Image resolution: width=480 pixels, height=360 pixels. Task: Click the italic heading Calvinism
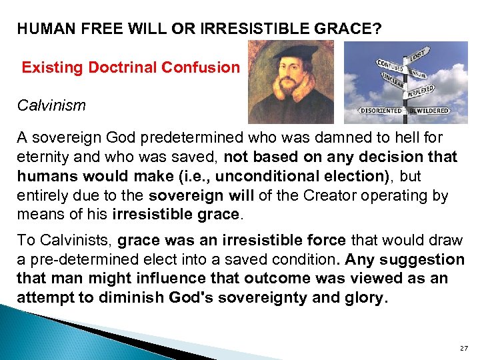[51, 106]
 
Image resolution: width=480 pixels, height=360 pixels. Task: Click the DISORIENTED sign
[381, 111]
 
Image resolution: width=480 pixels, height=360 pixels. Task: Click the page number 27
[464, 349]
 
